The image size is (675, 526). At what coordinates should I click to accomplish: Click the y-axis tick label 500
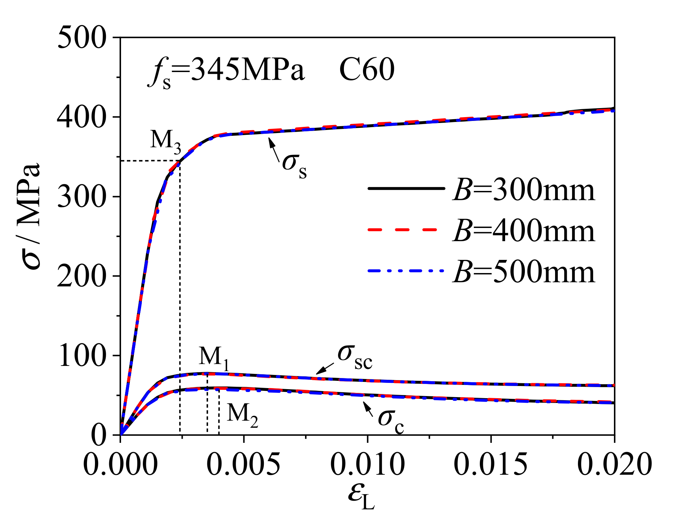81,37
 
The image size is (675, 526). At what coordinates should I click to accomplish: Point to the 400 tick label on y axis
81,117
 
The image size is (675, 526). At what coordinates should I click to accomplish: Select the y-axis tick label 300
81,196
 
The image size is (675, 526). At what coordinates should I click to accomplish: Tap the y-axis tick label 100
82,356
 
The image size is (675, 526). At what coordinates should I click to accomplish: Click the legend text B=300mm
524,190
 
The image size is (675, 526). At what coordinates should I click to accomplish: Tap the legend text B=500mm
524,272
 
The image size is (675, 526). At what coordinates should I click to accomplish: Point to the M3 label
166,141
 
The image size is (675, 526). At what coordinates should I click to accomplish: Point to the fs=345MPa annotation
227,71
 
